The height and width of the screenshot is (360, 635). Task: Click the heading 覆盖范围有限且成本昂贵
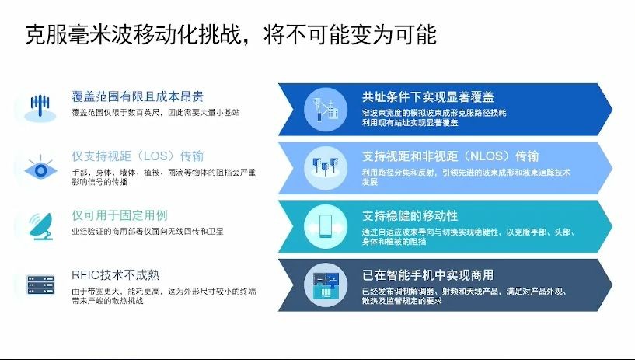coord(138,97)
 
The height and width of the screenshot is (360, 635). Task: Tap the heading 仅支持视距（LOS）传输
coord(138,156)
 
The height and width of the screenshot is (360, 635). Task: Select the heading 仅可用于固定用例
coord(119,215)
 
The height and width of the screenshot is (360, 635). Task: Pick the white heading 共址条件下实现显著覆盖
coord(427,97)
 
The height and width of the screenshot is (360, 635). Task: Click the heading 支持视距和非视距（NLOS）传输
coord(450,156)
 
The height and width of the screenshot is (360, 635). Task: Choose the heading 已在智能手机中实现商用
coord(427,274)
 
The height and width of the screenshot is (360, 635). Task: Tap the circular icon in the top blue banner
coord(326,107)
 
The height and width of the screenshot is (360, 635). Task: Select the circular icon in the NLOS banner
coord(326,165)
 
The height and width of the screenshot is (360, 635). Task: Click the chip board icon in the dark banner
coord(326,283)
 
